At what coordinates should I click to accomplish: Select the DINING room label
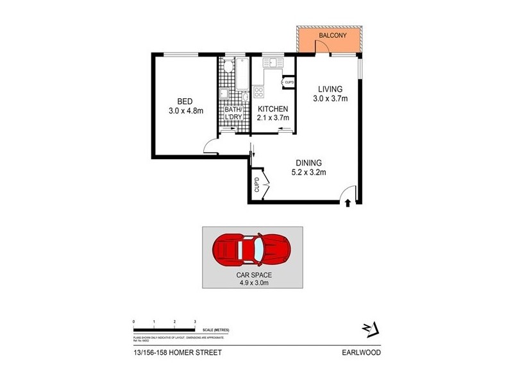(x=308, y=162)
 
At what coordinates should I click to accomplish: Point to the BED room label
(x=185, y=101)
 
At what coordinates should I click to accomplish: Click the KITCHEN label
(x=273, y=108)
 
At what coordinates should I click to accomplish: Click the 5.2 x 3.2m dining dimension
(x=308, y=172)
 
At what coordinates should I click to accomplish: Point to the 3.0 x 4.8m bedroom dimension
(x=185, y=110)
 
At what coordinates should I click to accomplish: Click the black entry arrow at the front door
(x=348, y=203)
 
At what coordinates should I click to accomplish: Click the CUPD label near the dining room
(x=256, y=184)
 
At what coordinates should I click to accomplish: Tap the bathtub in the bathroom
(x=243, y=74)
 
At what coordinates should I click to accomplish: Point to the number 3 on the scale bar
(x=194, y=320)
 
